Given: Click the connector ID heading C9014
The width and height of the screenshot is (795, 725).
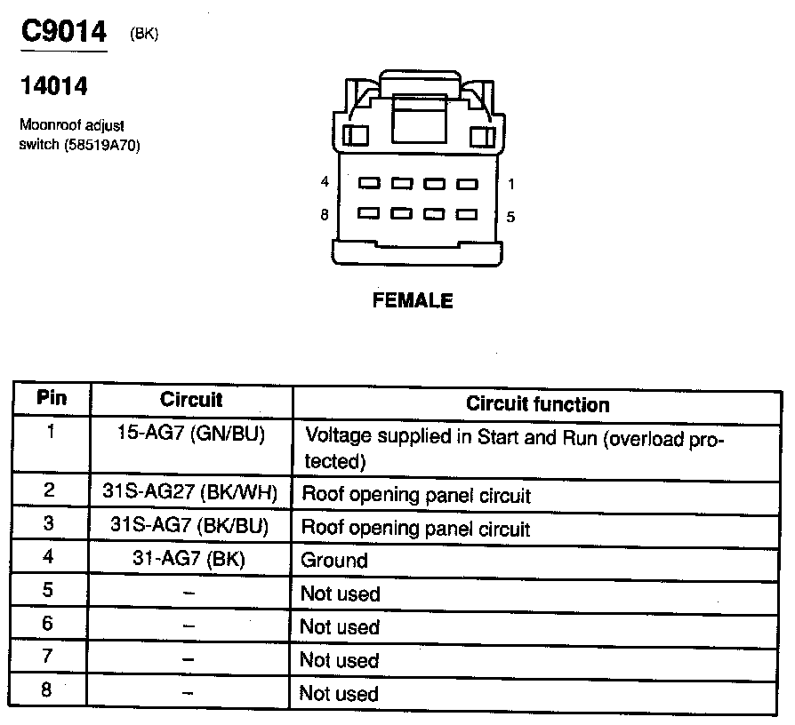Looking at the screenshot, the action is click(63, 33).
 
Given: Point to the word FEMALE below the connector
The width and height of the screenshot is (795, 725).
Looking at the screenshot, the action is click(413, 300).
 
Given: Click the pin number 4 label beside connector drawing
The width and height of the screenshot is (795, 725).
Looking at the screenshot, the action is click(325, 182).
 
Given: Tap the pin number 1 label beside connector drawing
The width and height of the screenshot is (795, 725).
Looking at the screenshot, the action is click(511, 184).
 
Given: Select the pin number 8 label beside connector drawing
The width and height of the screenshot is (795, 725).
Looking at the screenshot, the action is click(325, 214).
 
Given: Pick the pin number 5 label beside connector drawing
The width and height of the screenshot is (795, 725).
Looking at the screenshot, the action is click(511, 216).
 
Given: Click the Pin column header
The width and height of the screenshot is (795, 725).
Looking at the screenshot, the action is click(51, 397).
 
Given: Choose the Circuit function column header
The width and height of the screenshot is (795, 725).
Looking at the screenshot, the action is click(538, 404).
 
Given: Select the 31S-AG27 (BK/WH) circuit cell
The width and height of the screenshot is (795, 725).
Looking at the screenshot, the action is click(189, 491).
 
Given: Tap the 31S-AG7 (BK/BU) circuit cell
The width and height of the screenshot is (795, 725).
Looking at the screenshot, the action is click(189, 525).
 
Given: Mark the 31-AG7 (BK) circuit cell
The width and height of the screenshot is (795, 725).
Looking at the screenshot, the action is click(189, 559).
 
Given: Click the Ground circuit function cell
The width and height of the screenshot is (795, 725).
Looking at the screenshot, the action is click(334, 560).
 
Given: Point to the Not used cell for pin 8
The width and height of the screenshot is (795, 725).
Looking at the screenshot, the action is click(340, 694).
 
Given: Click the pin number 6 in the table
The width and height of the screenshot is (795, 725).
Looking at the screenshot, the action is click(49, 625).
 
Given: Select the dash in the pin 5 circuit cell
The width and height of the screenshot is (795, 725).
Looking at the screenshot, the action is click(189, 594).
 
